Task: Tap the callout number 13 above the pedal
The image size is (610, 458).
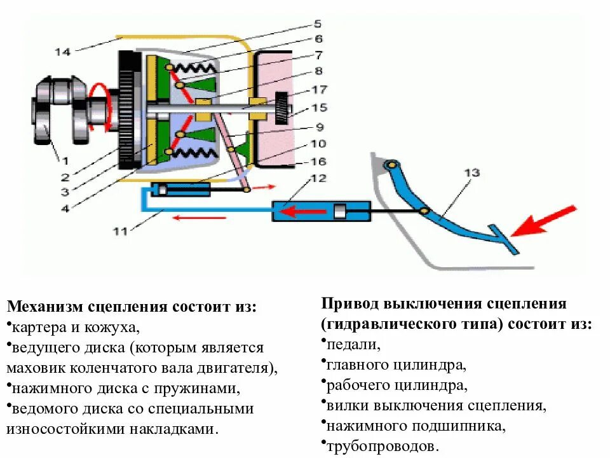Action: [471, 172]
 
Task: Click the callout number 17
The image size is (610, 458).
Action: [317, 90]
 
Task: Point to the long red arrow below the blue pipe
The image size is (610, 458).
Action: [200, 218]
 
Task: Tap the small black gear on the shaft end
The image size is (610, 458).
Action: [281, 109]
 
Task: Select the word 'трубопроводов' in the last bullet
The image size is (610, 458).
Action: [382, 447]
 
